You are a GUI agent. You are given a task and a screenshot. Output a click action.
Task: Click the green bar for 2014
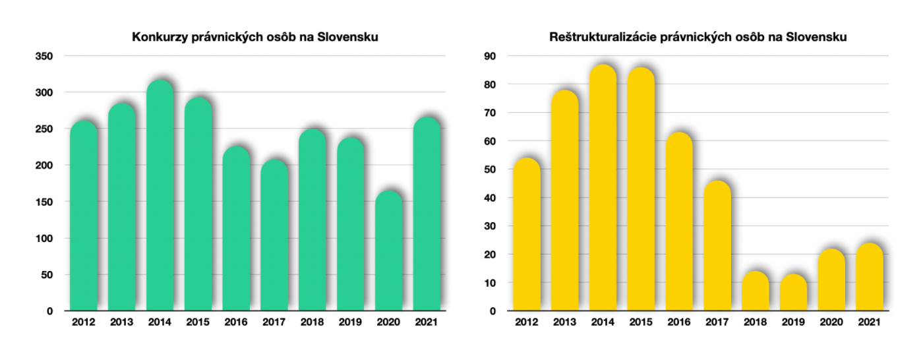(x=160, y=198)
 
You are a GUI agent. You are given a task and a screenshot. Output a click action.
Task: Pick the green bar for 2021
(x=426, y=215)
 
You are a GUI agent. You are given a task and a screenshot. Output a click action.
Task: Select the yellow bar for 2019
(x=793, y=293)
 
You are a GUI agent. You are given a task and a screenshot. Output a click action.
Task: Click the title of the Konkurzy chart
(x=255, y=38)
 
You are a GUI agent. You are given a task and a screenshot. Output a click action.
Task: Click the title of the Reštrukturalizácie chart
(x=698, y=38)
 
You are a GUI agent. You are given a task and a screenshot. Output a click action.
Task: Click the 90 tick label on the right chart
(x=492, y=56)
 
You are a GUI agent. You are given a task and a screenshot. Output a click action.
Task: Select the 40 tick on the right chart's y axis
(x=492, y=198)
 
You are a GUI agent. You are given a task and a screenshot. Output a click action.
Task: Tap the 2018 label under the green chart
(x=313, y=322)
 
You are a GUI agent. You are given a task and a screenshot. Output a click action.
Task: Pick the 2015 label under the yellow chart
(x=640, y=322)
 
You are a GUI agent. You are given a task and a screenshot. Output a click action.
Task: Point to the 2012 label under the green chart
(x=84, y=322)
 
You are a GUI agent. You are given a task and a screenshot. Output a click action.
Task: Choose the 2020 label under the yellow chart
(x=831, y=322)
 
